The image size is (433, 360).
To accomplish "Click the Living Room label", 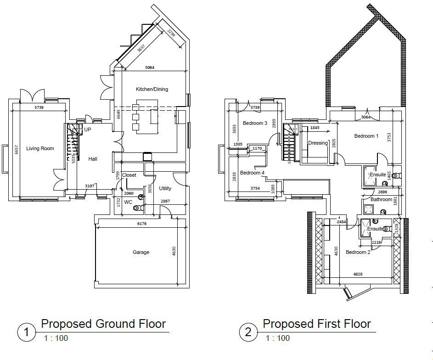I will pos(40,148).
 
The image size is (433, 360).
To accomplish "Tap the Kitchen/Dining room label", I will pos(152,89).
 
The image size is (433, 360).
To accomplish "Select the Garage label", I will pos(141,252).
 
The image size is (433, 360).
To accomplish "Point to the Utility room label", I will pos(165,188).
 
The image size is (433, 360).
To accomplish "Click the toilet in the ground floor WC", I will pos(137,208).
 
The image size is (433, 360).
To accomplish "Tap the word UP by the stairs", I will pos(87,130).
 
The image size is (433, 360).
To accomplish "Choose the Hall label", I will pos(93,159).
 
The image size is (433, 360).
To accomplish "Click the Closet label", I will pos(129,175).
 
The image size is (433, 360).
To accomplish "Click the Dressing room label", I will pos(318,143).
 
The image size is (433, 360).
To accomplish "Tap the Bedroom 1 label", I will pos(366,136).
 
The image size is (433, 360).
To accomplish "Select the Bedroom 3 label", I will pos(255,123).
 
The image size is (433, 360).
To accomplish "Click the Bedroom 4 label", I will pos(252,173).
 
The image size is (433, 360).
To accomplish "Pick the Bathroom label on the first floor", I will pos(381,199).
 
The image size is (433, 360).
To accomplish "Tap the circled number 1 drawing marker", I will pos(27,332).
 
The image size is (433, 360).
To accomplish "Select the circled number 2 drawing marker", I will pos(248,332).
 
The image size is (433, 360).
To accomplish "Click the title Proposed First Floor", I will pos(316,324).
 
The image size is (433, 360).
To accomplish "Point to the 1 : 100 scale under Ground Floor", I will pos(56,338).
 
